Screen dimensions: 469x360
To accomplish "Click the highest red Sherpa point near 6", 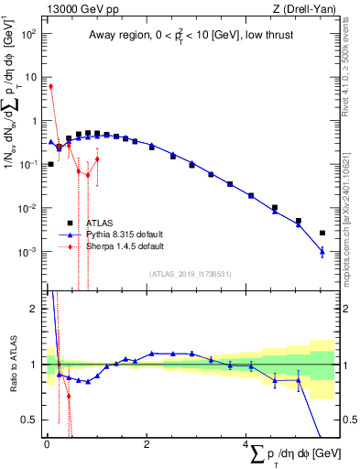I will [x=50, y=86].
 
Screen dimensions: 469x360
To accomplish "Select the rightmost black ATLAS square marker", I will [x=322, y=233].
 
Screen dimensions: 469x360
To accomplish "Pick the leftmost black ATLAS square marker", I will [x=50, y=164].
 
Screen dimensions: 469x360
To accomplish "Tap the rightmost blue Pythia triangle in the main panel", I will [x=322, y=251].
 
